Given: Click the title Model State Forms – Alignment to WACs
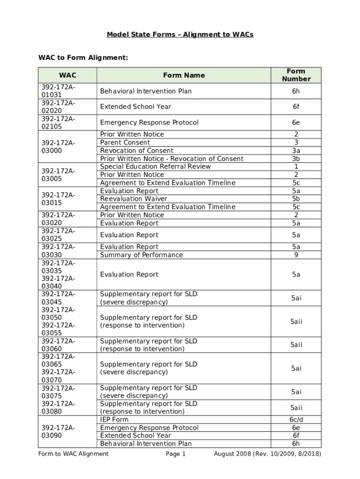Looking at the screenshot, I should pyautogui.click(x=180, y=35).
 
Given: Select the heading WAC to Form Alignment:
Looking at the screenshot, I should pyautogui.click(x=83, y=58).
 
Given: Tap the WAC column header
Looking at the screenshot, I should pyautogui.click(x=67, y=75).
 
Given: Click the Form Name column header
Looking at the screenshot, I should pyautogui.click(x=184, y=75).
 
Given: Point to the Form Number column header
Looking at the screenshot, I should pyautogui.click(x=296, y=75).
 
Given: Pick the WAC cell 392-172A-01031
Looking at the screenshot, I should pyautogui.click(x=58, y=91).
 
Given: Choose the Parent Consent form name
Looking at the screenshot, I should pyautogui.click(x=125, y=143).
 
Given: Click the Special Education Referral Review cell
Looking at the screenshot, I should pyautogui.click(x=155, y=167).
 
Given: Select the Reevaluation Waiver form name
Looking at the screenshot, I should pyautogui.click(x=133, y=199).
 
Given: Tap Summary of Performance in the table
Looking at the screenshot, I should pyautogui.click(x=141, y=255).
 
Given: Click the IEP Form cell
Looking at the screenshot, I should pyautogui.click(x=114, y=420).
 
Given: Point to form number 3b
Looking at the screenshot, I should pyautogui.click(x=296, y=159).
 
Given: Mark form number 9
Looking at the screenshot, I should pyautogui.click(x=296, y=255).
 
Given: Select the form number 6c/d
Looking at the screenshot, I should pyautogui.click(x=296, y=420).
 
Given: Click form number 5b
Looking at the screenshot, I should pyautogui.click(x=296, y=199).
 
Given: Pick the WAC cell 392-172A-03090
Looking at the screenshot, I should pyautogui.click(x=58, y=431).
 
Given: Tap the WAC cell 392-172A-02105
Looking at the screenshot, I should pyautogui.click(x=58, y=123).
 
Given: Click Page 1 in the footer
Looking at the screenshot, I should pyautogui.click(x=176, y=454).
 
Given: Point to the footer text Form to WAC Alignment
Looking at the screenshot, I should pyautogui.click(x=73, y=454).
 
